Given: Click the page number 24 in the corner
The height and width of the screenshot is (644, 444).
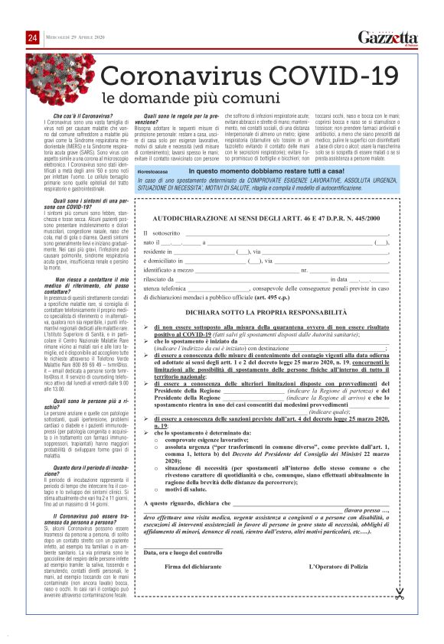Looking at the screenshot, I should tap(33, 39).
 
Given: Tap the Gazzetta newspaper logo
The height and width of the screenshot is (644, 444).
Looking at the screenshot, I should tap(391, 39).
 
